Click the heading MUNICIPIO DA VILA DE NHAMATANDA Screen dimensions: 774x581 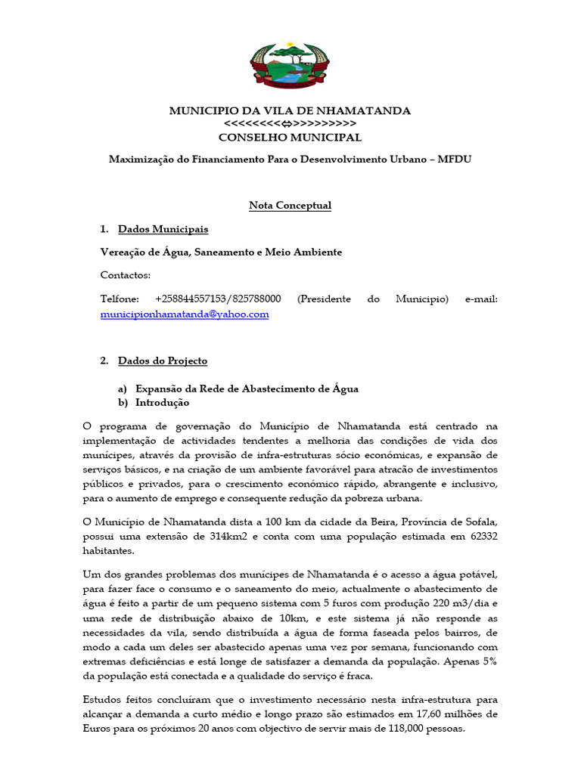pyautogui.click(x=290, y=111)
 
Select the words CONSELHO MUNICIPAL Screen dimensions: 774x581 pyautogui.click(x=290, y=138)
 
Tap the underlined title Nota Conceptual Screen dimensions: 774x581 pyautogui.click(x=290, y=206)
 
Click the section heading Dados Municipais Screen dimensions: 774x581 pyautogui.click(x=163, y=229)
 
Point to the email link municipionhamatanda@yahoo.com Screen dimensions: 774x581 pyautogui.click(x=185, y=314)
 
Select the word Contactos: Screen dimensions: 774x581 pyautogui.click(x=126, y=275)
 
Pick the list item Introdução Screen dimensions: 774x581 pyautogui.click(x=162, y=403)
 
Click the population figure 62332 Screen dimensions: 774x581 pyautogui.click(x=478, y=537)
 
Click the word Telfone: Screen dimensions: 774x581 pyautogui.click(x=120, y=299)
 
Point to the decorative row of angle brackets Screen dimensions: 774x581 pyautogui.click(x=290, y=124)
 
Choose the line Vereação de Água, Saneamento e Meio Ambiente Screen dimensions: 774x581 pyautogui.click(x=221, y=252)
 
